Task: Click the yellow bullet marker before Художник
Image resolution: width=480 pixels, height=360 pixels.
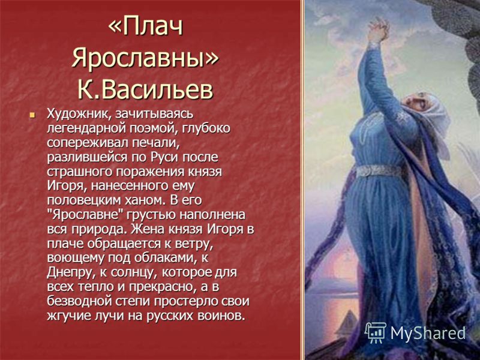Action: coord(33,114)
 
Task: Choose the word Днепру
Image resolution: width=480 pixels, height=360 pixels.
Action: coord(67,272)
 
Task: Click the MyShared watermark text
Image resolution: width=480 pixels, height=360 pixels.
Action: coord(428,334)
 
